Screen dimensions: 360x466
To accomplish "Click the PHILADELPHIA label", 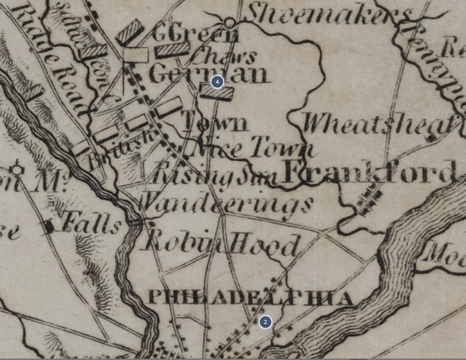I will click(x=250, y=297).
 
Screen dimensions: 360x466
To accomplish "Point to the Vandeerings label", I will click(x=226, y=204).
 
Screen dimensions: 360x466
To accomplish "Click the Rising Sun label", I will click(x=213, y=176).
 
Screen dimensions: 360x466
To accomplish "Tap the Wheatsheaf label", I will click(x=378, y=124).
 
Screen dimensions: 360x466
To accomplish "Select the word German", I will click(x=208, y=74).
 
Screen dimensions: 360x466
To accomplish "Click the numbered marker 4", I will click(x=217, y=81).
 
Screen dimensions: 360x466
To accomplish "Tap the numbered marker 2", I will click(x=265, y=322).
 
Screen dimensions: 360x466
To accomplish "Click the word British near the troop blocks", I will click(x=120, y=150).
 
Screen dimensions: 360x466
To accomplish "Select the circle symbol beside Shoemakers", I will click(x=230, y=23).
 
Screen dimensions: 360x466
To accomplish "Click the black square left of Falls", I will click(x=49, y=226).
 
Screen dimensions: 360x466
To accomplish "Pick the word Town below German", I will click(x=214, y=122).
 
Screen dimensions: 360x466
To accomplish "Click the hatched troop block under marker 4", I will click(x=217, y=92).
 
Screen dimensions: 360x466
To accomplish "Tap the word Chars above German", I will click(x=223, y=57).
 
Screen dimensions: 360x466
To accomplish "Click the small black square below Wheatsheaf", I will click(x=431, y=139).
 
